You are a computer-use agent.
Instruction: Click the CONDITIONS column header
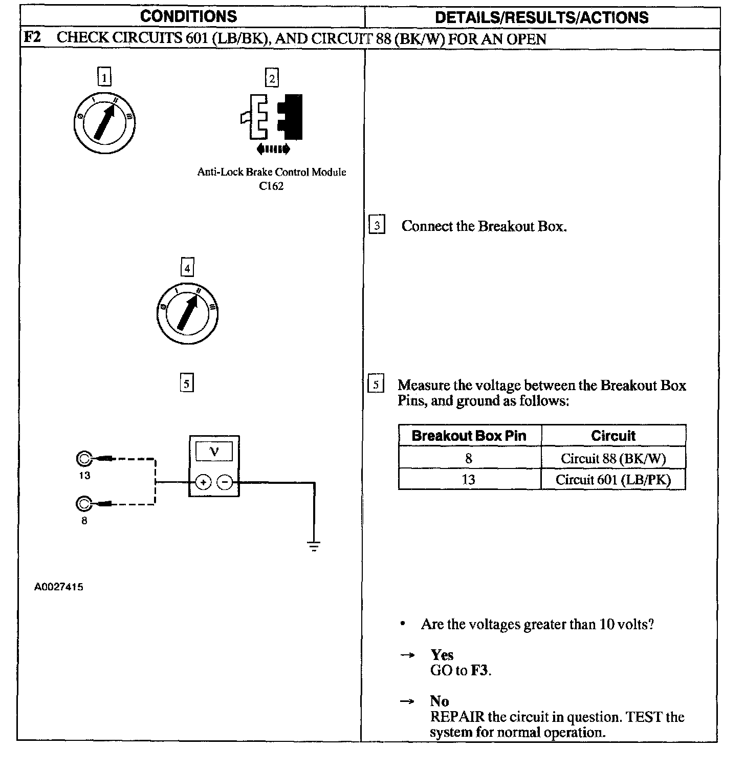point(188,16)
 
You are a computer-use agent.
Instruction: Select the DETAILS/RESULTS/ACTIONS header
point(541,17)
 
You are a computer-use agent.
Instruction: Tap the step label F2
point(32,38)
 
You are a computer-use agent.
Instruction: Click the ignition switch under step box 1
point(104,123)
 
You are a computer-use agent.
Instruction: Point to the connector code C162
point(271,186)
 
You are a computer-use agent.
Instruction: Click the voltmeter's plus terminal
point(203,482)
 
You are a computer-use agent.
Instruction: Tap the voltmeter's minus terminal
point(225,482)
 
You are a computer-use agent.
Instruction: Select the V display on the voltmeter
point(214,452)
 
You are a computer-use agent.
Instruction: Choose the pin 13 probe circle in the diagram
point(83,459)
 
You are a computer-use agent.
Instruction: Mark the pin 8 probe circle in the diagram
point(83,504)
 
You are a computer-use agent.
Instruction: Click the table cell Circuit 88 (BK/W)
point(613,458)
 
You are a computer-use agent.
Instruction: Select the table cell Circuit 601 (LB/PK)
point(613,480)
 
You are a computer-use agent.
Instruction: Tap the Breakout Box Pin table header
point(469,436)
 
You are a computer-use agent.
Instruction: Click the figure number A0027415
point(58,587)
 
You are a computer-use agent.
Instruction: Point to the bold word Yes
point(442,655)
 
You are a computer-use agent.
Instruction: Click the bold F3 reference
point(479,670)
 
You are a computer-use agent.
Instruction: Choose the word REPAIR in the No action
point(456,717)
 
